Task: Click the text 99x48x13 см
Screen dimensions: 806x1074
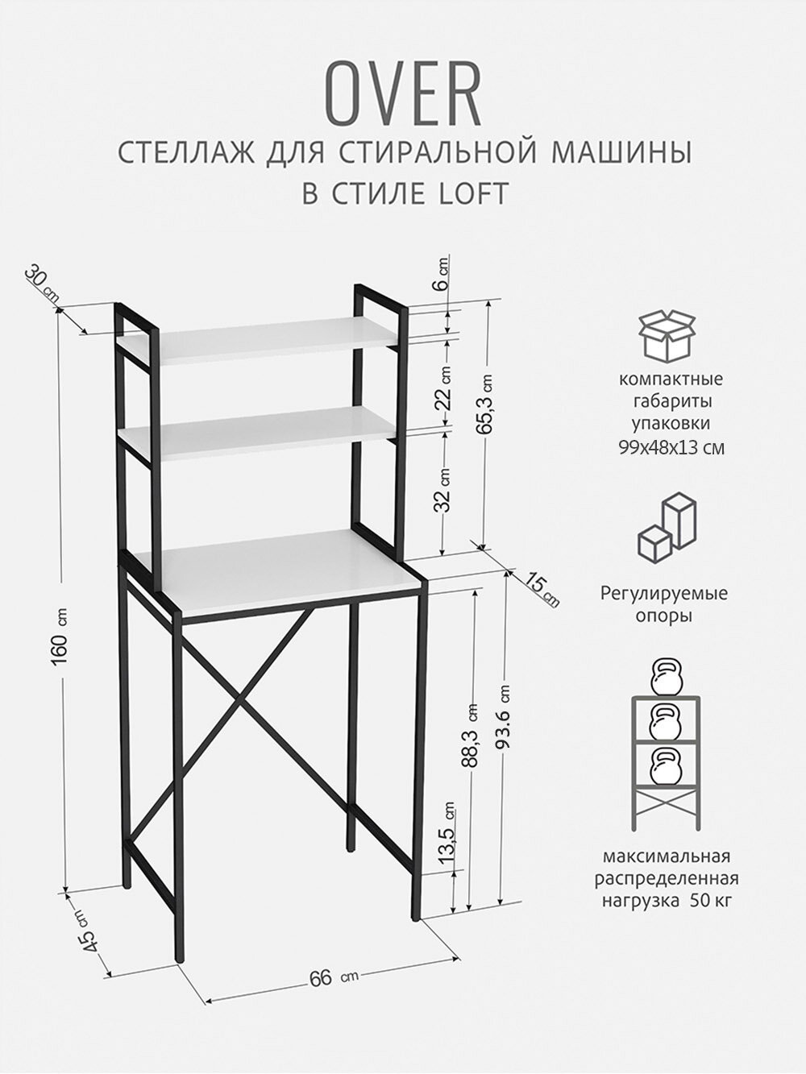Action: (671, 447)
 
